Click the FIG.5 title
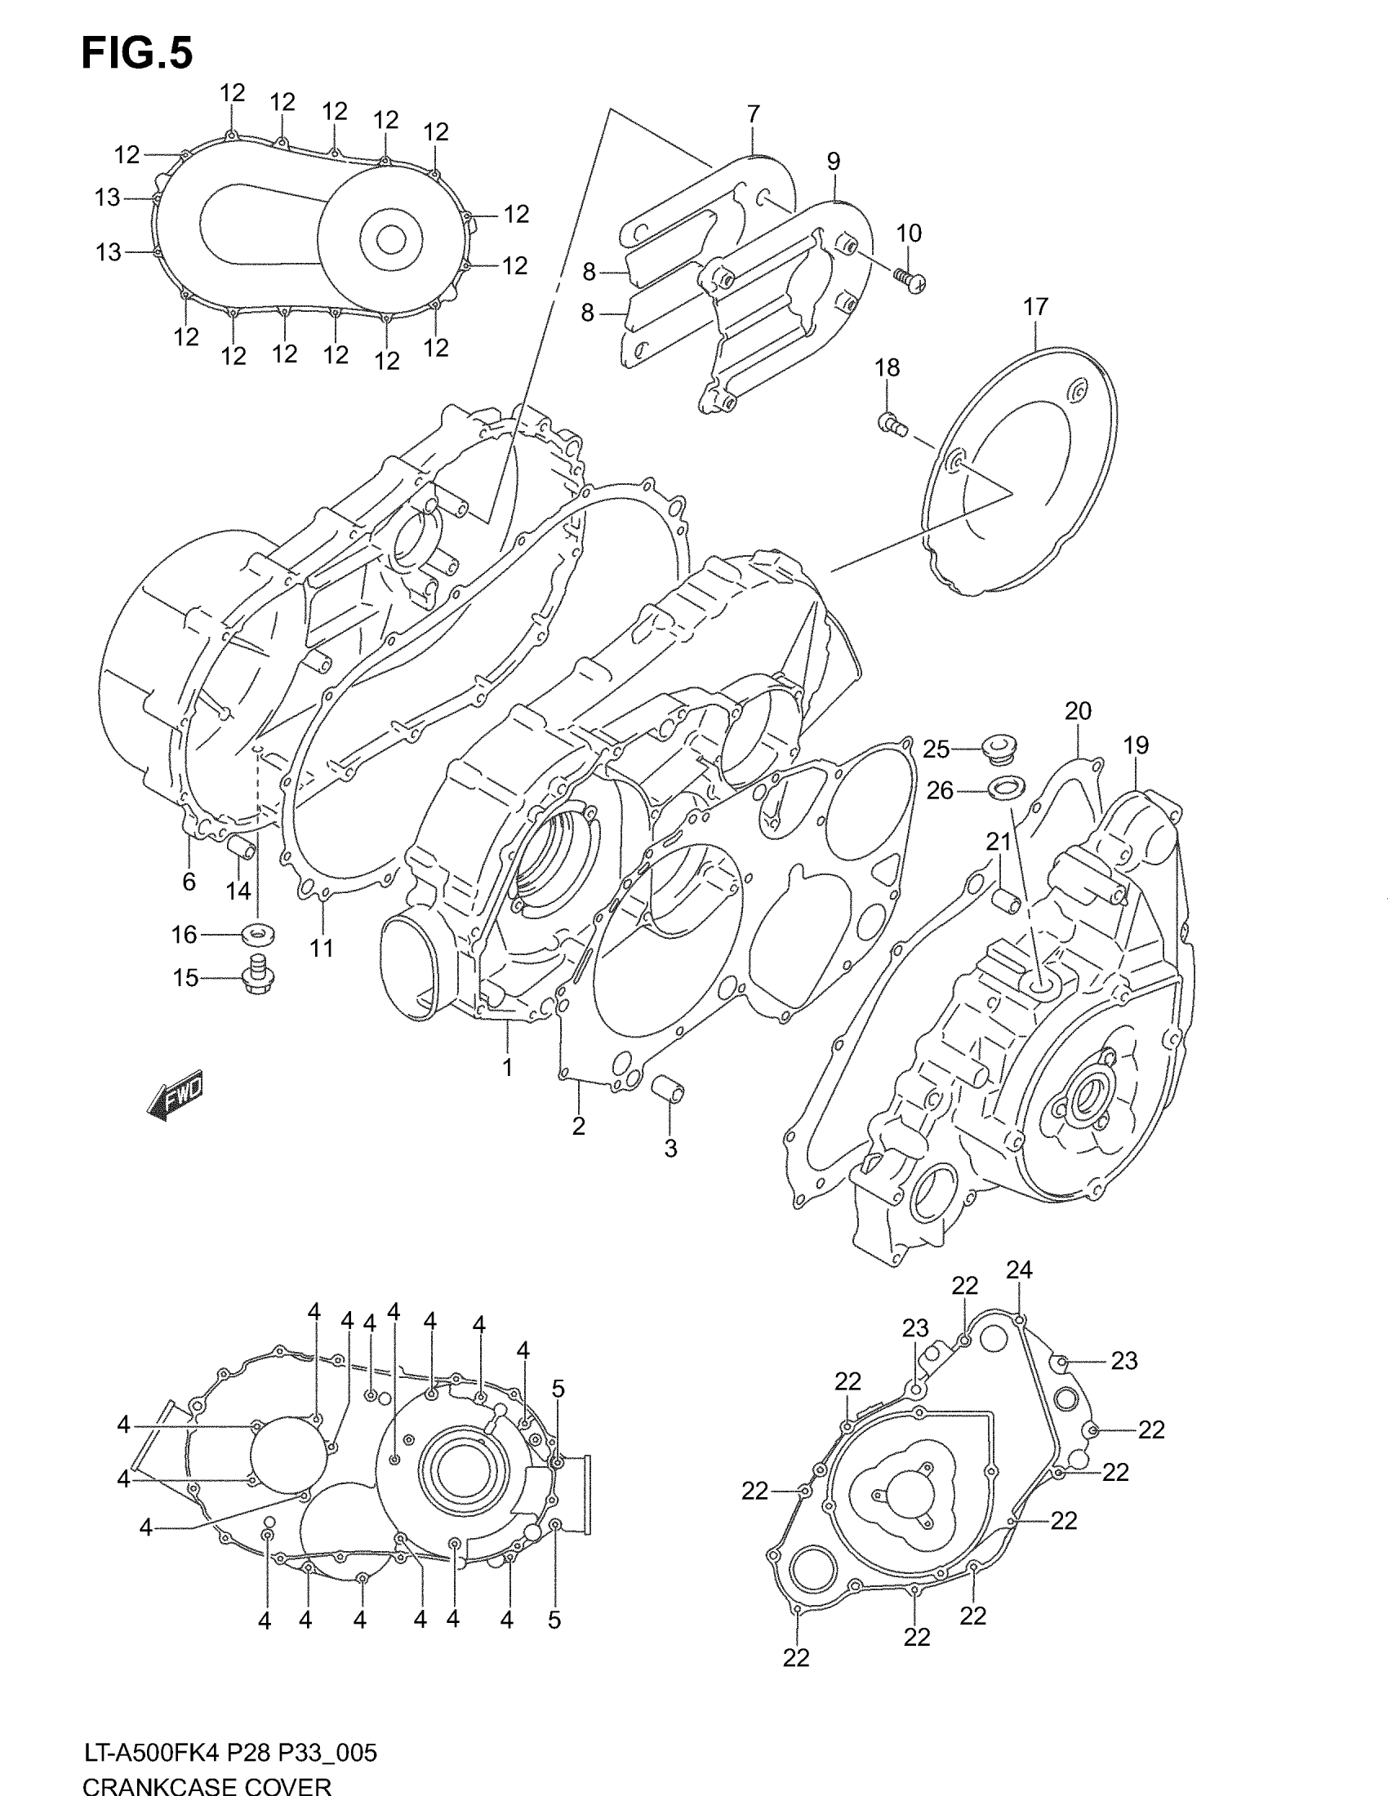click(x=137, y=54)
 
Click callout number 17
click(x=1035, y=307)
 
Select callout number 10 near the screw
click(x=908, y=233)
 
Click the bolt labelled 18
click(x=891, y=425)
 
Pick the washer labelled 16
click(x=257, y=934)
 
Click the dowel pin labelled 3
click(x=668, y=1091)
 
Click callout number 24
click(x=1019, y=1269)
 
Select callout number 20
click(x=1077, y=711)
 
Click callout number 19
click(x=1135, y=745)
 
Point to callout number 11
click(x=322, y=948)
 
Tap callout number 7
click(x=754, y=113)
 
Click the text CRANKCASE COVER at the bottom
click(x=207, y=1785)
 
